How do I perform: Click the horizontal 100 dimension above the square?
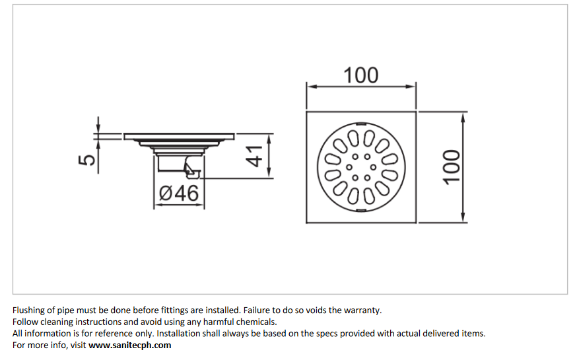[x=360, y=75]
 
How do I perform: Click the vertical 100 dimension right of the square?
[x=451, y=166]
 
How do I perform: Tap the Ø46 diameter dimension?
[x=179, y=194]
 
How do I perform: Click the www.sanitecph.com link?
[x=130, y=345]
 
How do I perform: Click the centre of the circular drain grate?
[x=360, y=167]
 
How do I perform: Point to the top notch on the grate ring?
[x=360, y=124]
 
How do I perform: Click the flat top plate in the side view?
[x=179, y=136]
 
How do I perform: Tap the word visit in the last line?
[x=77, y=345]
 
